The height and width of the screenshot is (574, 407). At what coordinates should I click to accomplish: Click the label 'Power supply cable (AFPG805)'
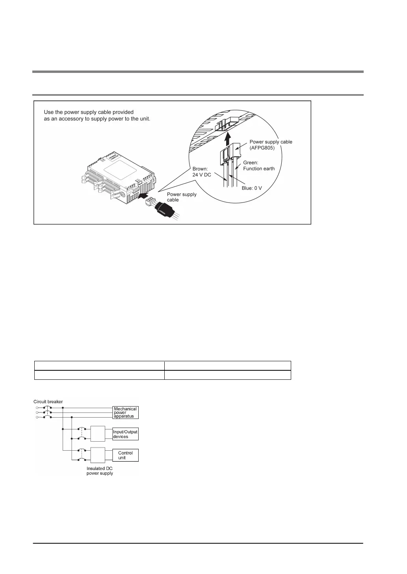click(x=271, y=145)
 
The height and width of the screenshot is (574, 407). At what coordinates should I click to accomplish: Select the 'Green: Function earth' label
click(x=258, y=165)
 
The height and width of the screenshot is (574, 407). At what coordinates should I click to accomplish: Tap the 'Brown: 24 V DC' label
click(x=202, y=172)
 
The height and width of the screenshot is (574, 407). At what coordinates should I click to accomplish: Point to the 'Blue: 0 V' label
click(x=252, y=188)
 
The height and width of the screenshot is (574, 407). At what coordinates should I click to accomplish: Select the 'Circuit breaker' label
click(x=48, y=402)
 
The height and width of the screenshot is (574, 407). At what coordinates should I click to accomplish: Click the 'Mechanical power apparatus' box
click(x=126, y=412)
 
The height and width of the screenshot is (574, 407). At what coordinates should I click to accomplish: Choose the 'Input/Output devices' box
click(x=126, y=434)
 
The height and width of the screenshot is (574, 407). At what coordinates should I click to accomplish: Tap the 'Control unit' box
click(x=126, y=455)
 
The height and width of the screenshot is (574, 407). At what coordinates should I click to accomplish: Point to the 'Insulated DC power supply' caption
click(x=100, y=471)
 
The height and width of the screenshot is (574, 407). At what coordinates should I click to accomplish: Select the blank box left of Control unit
click(x=98, y=455)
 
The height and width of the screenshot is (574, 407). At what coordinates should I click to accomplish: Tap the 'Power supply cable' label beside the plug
click(x=182, y=197)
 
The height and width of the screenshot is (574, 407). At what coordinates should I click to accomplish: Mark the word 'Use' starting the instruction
click(x=49, y=112)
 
